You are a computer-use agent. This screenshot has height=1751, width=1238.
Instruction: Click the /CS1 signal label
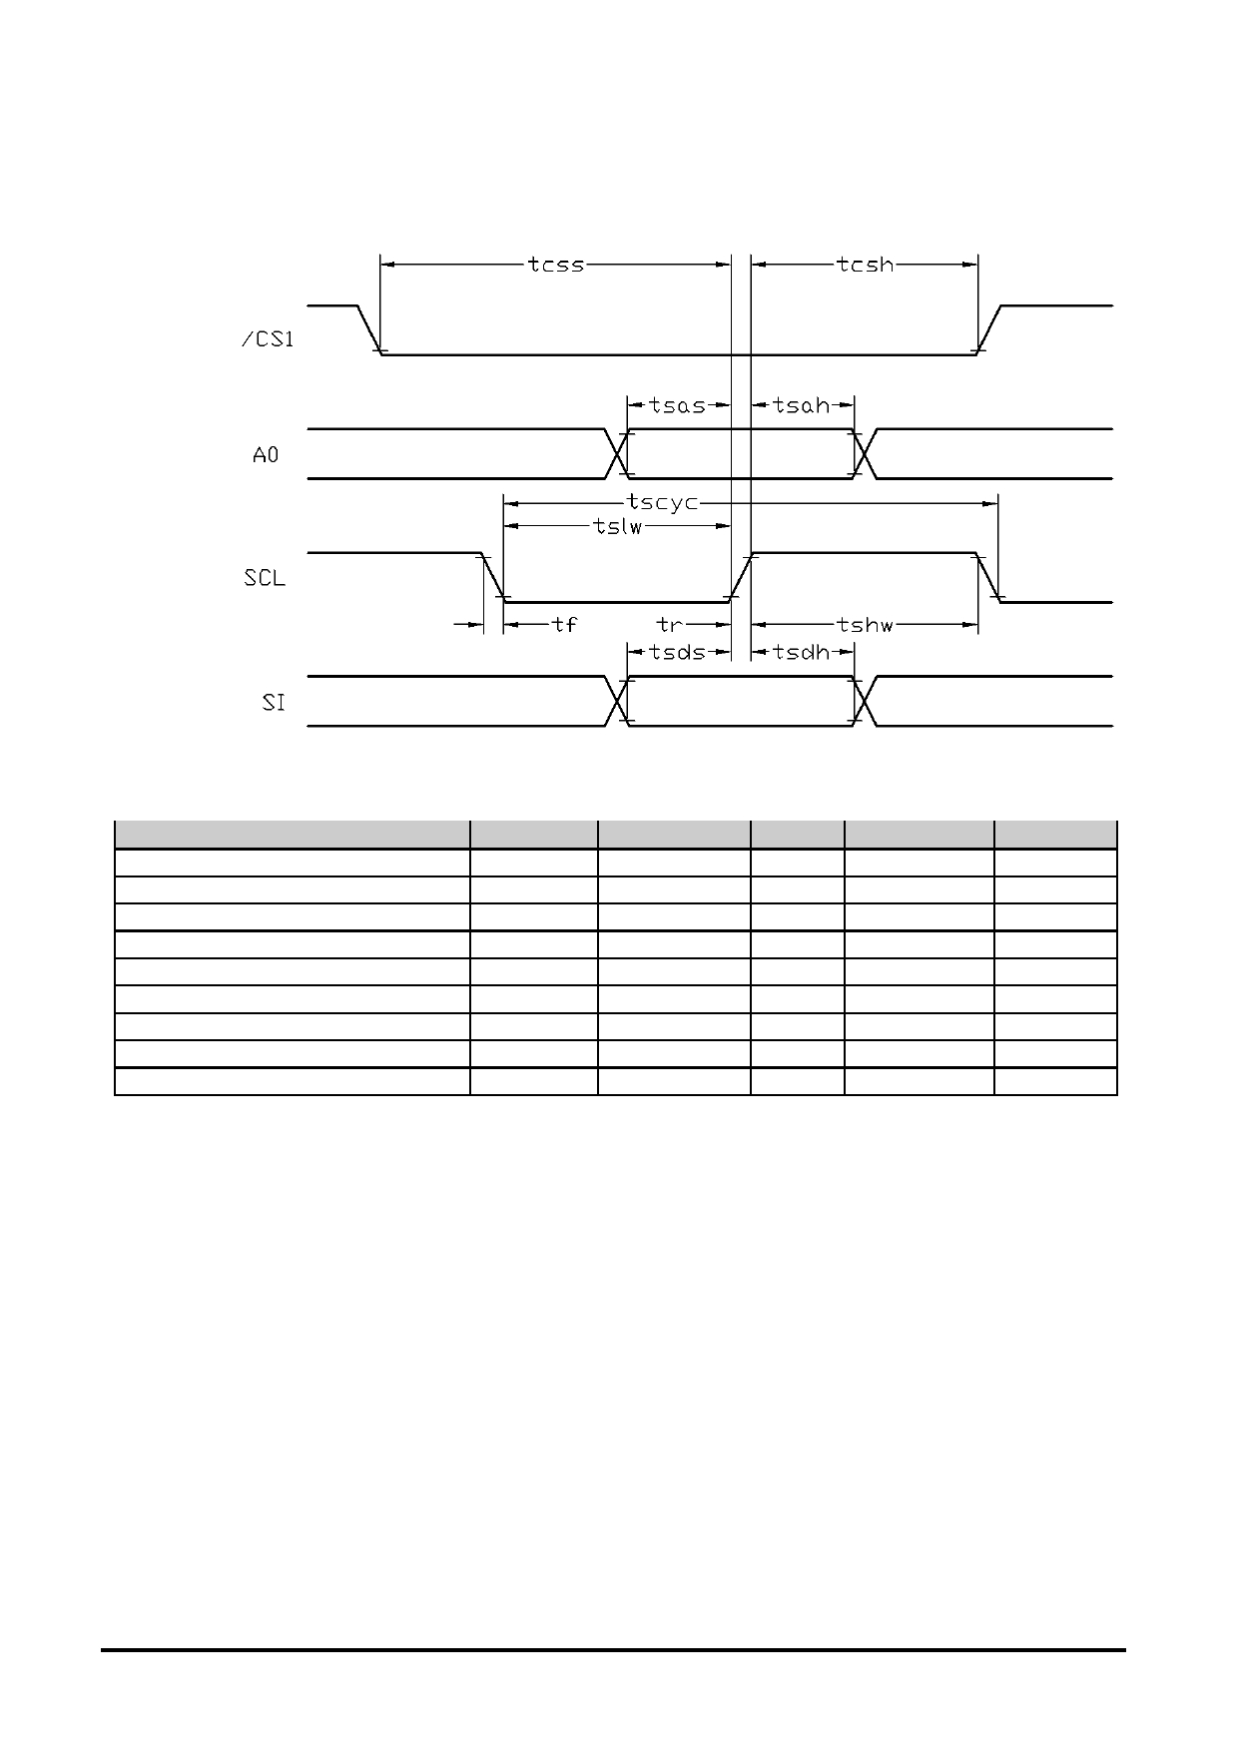click(x=268, y=339)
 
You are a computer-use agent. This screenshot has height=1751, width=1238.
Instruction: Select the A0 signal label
click(x=266, y=455)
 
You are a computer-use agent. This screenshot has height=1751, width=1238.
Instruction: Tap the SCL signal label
click(x=265, y=578)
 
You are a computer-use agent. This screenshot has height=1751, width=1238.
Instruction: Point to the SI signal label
click(x=274, y=703)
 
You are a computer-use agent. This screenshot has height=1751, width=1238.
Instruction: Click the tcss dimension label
click(x=556, y=265)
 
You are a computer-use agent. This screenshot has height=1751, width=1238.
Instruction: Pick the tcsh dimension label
click(x=866, y=265)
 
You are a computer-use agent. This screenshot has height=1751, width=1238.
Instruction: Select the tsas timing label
click(x=677, y=405)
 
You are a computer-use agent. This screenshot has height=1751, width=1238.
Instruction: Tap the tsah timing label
click(x=802, y=405)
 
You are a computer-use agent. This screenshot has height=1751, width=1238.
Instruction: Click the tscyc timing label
click(x=663, y=502)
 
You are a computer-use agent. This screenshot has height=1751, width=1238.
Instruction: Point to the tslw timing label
click(x=618, y=527)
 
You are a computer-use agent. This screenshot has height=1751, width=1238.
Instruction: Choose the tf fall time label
click(x=565, y=625)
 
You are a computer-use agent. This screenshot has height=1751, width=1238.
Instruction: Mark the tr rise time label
click(x=669, y=625)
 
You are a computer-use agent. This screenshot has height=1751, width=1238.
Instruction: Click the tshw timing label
click(x=866, y=625)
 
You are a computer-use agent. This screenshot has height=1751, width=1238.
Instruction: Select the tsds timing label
click(x=677, y=652)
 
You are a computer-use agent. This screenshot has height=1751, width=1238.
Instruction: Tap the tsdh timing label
click(x=802, y=652)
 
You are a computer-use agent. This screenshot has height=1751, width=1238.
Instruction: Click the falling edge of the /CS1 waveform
click(x=369, y=329)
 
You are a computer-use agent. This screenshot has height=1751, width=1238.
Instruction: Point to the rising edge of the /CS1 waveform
click(x=989, y=329)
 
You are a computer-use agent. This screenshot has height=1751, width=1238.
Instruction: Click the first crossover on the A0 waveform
click(x=617, y=454)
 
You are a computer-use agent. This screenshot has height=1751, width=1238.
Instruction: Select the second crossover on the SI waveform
click(x=865, y=702)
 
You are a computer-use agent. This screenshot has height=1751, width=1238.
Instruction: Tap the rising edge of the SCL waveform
click(x=741, y=578)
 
